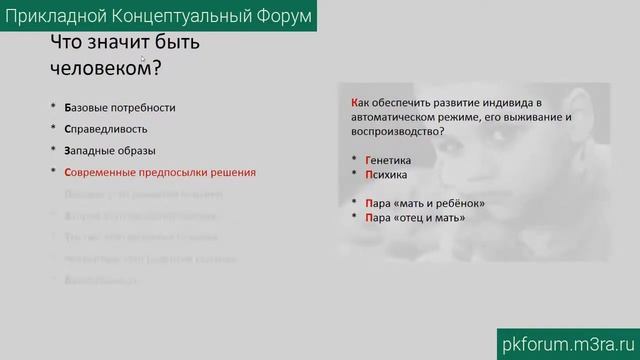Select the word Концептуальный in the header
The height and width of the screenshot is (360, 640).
click(167, 17)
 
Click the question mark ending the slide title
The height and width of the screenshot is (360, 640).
click(156, 67)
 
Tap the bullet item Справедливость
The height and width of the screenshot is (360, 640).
click(105, 128)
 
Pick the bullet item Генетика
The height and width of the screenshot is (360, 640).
click(388, 160)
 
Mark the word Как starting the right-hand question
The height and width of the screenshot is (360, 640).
click(360, 103)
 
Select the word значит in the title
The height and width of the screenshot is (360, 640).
click(109, 43)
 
